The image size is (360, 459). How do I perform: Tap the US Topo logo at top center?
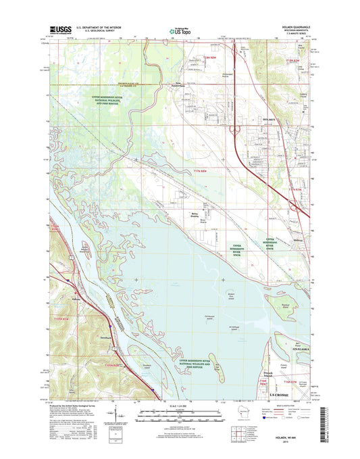[x=179, y=30]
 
